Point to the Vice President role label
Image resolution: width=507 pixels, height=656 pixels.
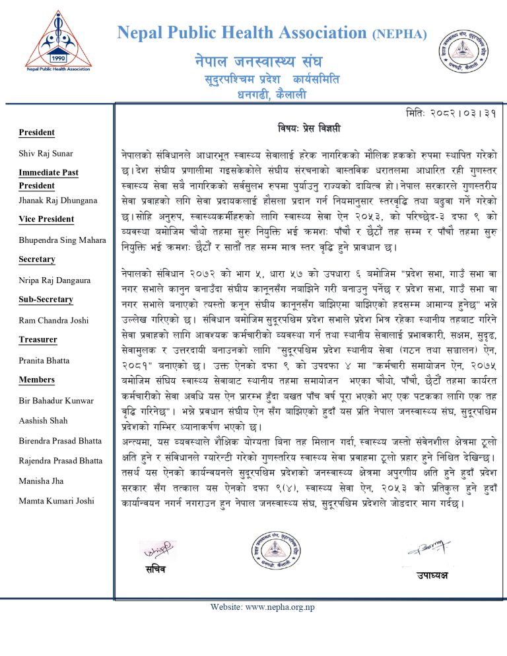pos(46,218)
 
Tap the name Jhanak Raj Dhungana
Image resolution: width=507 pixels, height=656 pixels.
pos(57,199)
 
